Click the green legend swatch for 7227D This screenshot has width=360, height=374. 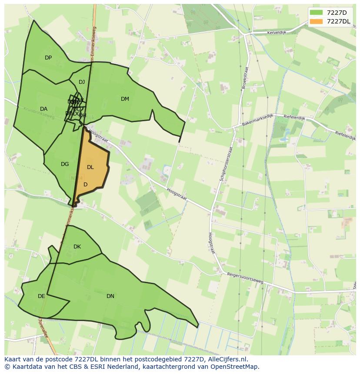(x=316, y=13)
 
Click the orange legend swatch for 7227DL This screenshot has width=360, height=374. (x=316, y=21)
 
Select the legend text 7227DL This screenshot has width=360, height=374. (x=338, y=21)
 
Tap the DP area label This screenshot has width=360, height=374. (x=48, y=58)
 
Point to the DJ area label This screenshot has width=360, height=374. (x=82, y=82)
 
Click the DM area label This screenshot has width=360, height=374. (x=125, y=99)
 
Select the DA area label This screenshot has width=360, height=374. (x=43, y=109)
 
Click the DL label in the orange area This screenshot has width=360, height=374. (x=90, y=167)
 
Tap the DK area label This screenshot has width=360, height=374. (x=77, y=247)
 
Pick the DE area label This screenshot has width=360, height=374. (x=41, y=296)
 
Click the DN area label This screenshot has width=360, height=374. (x=110, y=296)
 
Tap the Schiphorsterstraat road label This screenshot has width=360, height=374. (x=227, y=164)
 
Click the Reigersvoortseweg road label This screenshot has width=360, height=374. (x=245, y=278)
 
